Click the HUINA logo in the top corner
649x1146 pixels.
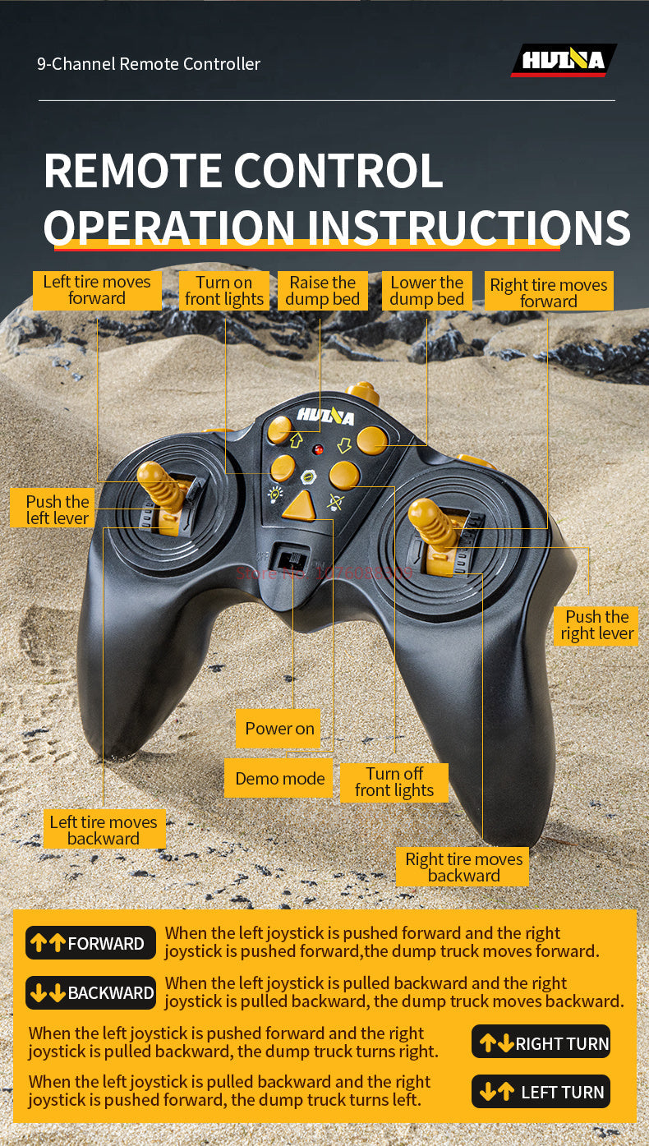point(564,60)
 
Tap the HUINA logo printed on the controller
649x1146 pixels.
point(325,416)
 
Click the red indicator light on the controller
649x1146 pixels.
point(317,450)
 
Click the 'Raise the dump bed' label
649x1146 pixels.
point(323,291)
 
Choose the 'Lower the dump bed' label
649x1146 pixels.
point(427,291)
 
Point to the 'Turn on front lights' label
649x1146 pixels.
point(224,291)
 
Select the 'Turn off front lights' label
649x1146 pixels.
point(394,782)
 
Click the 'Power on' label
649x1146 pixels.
point(279,729)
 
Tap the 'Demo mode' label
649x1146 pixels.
point(279,779)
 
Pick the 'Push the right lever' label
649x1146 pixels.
point(597,625)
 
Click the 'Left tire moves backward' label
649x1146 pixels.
point(104,830)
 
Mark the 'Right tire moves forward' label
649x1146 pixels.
point(549,292)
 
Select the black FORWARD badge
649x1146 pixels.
point(90,943)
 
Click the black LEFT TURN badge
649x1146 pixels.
point(541,1092)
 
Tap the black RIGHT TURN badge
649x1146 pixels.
point(541,1042)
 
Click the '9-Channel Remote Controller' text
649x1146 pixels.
point(149,63)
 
